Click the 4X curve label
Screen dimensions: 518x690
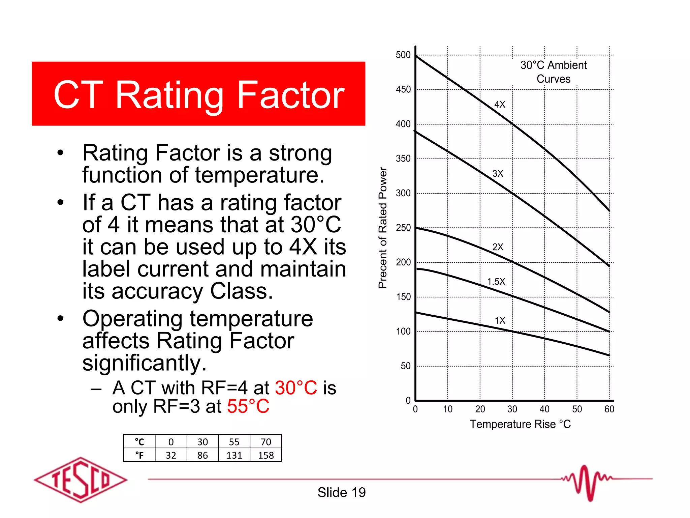coord(500,105)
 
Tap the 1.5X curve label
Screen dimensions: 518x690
coord(496,282)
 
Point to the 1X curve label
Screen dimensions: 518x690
coord(500,320)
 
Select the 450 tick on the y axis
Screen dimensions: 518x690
coord(403,90)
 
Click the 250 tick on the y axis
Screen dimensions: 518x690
coord(403,228)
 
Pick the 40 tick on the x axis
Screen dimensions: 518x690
coord(544,409)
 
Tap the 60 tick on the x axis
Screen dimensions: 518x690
coord(609,409)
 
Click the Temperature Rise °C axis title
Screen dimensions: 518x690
coord(520,424)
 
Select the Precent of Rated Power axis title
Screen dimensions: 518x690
coord(382,228)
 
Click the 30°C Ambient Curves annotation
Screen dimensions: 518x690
coord(554,72)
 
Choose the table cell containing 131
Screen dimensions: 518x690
coord(234,455)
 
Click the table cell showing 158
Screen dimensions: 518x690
coord(266,455)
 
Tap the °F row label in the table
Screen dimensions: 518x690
coord(139,455)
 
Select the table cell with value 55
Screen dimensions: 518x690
coord(234,442)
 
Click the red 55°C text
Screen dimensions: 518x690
coord(248,406)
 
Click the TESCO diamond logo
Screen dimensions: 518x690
coord(81,480)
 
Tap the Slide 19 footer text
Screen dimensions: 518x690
coord(341,492)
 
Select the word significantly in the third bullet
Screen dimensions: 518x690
coord(145,363)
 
